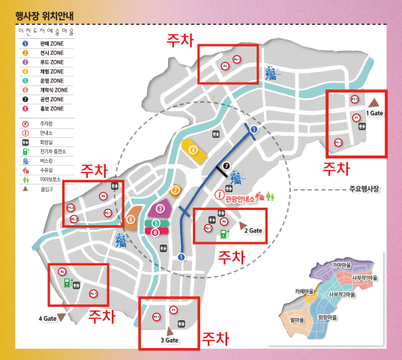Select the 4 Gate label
coord(47,319)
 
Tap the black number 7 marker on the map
coord(226,165)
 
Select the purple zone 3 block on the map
coord(158,208)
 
